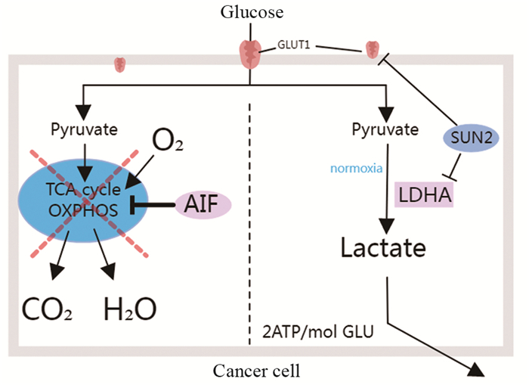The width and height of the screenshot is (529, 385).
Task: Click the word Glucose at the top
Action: click(x=252, y=12)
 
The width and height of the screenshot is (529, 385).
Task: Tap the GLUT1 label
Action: click(x=295, y=46)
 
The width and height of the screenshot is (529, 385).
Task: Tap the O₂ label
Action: click(x=169, y=141)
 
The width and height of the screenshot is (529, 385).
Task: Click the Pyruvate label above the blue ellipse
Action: click(x=83, y=129)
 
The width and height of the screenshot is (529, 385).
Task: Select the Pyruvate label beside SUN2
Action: click(x=385, y=129)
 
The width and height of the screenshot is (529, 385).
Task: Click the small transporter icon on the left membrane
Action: click(x=119, y=65)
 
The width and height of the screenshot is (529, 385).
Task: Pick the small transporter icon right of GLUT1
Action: click(x=372, y=51)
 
